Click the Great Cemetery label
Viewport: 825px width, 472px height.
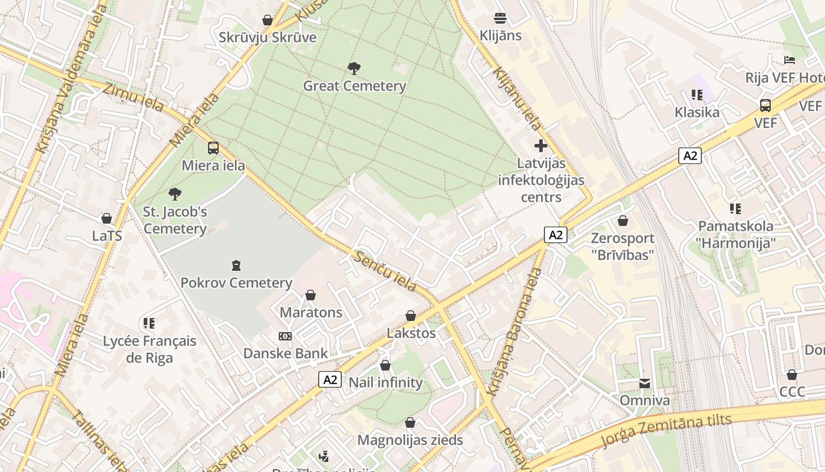355,86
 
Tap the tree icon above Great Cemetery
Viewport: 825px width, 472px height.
354,68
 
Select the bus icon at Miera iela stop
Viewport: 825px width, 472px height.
213,148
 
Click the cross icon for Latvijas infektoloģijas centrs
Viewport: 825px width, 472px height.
541,146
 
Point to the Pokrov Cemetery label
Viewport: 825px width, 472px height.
236,283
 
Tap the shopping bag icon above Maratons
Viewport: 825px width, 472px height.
311,295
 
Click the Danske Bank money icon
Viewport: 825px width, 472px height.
285,336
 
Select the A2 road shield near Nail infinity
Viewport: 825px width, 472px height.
330,379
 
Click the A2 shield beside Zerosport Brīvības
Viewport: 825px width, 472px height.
555,235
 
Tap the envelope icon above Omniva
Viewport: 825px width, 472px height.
645,383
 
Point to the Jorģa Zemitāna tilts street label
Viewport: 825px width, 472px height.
666,431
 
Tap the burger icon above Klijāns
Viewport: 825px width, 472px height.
500,18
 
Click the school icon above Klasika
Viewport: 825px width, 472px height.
697,95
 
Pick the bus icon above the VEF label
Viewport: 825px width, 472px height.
765,106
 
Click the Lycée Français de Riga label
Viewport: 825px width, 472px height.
150,349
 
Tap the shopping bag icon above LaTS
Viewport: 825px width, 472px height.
107,219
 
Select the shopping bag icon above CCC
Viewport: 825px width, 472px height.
792,375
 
